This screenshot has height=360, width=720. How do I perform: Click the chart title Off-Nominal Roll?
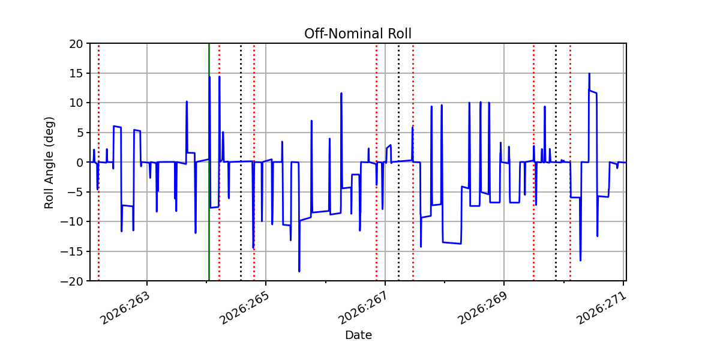coord(358,34)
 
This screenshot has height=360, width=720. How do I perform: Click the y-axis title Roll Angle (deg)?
coord(49,163)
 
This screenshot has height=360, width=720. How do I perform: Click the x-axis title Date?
coord(358,335)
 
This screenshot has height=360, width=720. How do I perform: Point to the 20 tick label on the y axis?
coord(76,44)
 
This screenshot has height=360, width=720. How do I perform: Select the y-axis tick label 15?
coord(76,74)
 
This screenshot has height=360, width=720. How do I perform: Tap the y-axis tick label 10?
coord(76,103)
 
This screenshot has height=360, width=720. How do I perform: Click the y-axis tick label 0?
coord(79,163)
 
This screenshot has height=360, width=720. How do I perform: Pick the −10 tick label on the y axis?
coord(71,222)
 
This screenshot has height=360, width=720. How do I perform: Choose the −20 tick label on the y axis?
coord(71,281)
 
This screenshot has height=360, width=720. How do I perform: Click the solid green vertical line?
coord(209,163)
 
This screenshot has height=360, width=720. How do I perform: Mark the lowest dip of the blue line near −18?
coord(299,271)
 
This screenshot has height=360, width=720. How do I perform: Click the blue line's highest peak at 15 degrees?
coord(589,74)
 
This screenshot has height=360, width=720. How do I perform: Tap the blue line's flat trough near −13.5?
coord(452,243)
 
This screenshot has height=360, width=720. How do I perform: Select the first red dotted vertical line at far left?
coord(98,163)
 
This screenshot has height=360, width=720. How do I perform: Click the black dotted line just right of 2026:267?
coord(399,163)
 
